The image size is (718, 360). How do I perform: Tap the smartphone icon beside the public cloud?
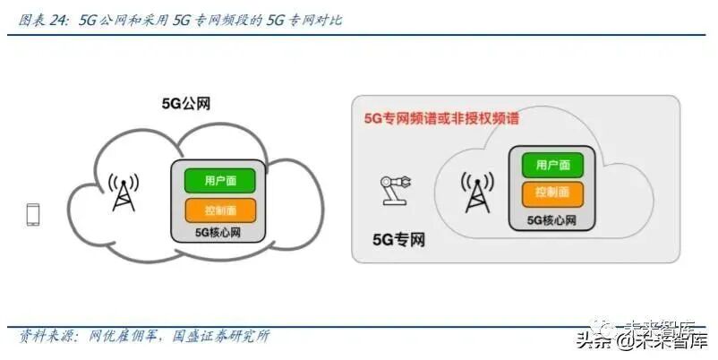(34, 215)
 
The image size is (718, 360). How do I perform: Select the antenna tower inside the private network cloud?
(476, 191)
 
